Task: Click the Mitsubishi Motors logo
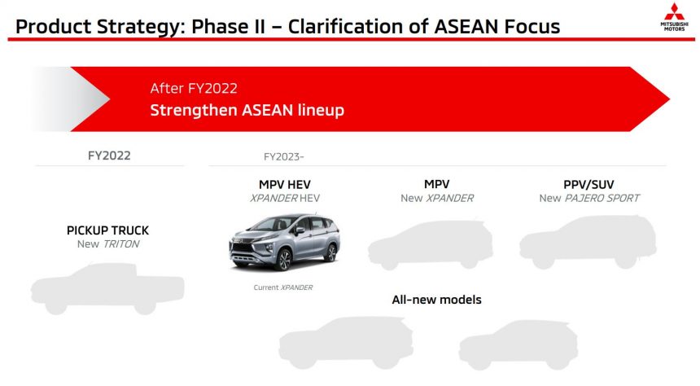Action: point(674,17)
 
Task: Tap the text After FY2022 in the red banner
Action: point(194,88)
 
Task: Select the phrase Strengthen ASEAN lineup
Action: point(247,110)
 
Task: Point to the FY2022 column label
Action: point(109,156)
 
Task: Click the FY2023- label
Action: point(283,157)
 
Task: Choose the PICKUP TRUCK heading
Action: point(107,230)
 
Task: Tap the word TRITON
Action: point(121,244)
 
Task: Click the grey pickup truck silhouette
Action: point(107,288)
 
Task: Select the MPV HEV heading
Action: point(284,185)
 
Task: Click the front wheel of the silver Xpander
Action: point(282,260)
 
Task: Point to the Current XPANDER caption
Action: point(283,287)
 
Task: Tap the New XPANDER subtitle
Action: point(437,198)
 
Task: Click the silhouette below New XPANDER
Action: point(431,245)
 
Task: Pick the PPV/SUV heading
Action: point(588,185)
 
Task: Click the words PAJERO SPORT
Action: point(602,198)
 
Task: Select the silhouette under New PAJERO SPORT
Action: point(588,242)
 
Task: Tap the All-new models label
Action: point(436,300)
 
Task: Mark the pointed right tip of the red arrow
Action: point(670,99)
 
